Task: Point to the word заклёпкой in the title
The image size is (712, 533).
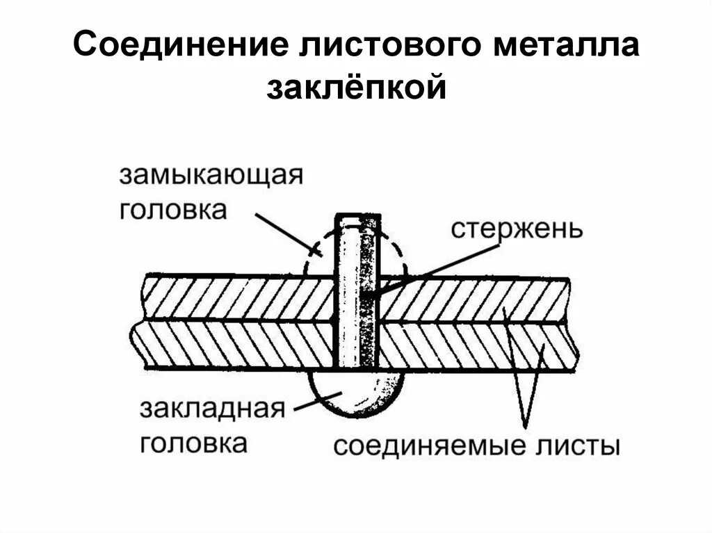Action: [355, 88]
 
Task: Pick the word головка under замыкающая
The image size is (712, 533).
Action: [173, 209]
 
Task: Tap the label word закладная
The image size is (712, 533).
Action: [212, 409]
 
